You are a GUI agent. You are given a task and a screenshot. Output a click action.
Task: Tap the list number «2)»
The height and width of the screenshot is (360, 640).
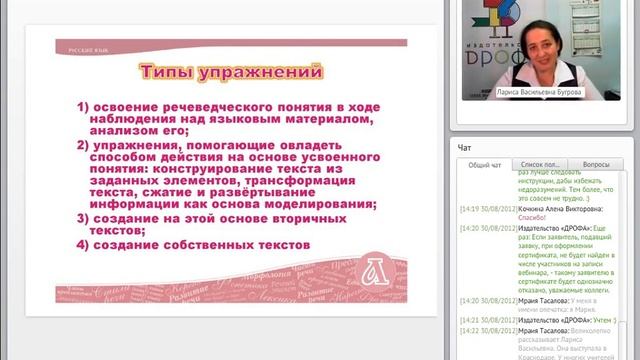(x=85, y=146)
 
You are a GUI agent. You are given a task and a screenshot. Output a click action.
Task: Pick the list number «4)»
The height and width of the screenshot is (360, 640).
(x=85, y=245)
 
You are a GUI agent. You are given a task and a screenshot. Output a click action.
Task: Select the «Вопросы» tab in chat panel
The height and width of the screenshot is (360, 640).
(x=595, y=163)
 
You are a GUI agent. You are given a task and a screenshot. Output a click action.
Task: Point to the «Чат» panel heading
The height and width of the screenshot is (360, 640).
(x=465, y=146)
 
